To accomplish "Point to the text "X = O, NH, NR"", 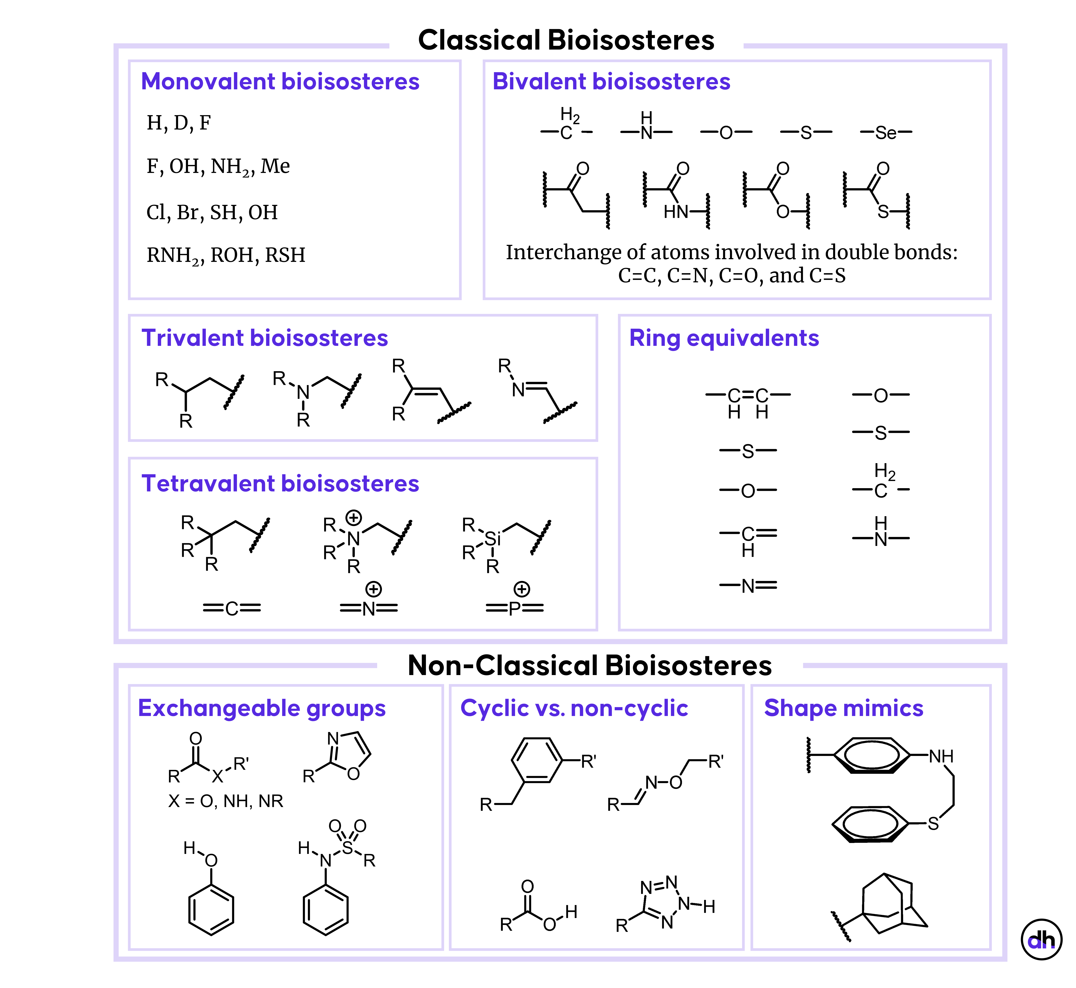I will click(x=225, y=801).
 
